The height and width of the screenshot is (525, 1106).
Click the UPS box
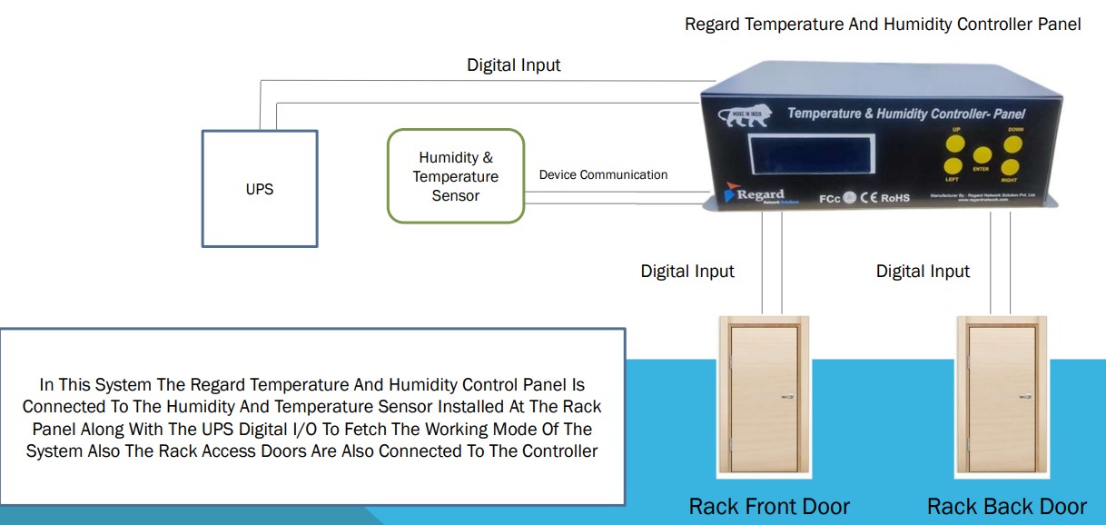[260, 189]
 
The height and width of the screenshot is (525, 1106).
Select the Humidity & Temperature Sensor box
[456, 176]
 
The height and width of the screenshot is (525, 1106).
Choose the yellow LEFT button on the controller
[953, 166]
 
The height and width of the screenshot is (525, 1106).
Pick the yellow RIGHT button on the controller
[1010, 167]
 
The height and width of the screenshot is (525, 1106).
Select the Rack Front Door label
[769, 506]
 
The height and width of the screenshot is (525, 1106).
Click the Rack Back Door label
[1006, 506]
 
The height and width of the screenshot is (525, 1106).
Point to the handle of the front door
[787, 396]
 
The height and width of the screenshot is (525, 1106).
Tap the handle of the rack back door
[1024, 396]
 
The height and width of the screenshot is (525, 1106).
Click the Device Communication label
[603, 174]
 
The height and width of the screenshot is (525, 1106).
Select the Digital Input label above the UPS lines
[514, 65]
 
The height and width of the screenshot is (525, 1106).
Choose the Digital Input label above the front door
[687, 271]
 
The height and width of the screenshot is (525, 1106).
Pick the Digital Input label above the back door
[923, 271]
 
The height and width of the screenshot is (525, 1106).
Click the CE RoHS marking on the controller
[884, 196]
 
